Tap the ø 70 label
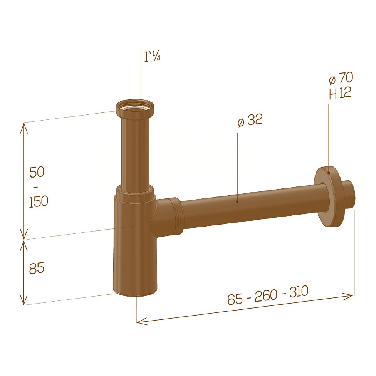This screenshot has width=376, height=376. coord(341,78)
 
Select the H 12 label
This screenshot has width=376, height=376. coord(340,93)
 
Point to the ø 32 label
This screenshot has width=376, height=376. coord(250,120)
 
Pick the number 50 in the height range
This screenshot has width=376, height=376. coord(37,172)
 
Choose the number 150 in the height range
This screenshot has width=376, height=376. coord(39,201)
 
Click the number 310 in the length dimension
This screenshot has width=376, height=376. coord(299,292)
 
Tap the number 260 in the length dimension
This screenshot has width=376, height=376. coord(266,296)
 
